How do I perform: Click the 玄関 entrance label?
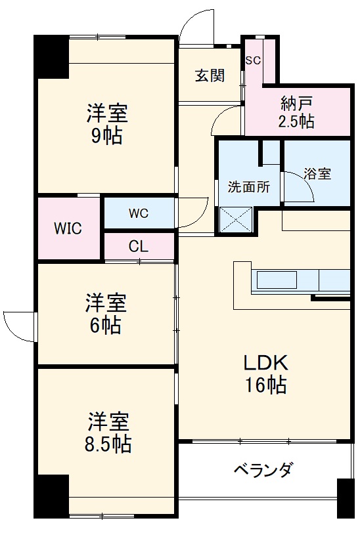210,75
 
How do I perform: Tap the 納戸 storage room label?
297,103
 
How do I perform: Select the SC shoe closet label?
253,60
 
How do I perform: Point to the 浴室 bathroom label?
317,174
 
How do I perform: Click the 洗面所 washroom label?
248,186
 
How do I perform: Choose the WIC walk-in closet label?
68,228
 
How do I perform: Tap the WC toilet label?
138,213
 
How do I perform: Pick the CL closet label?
138,247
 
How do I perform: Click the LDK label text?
266,363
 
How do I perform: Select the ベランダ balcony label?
263,470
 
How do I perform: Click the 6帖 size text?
106,326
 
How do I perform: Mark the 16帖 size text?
266,385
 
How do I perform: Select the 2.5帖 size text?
297,121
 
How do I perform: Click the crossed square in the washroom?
236,219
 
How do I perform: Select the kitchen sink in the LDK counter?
277,281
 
